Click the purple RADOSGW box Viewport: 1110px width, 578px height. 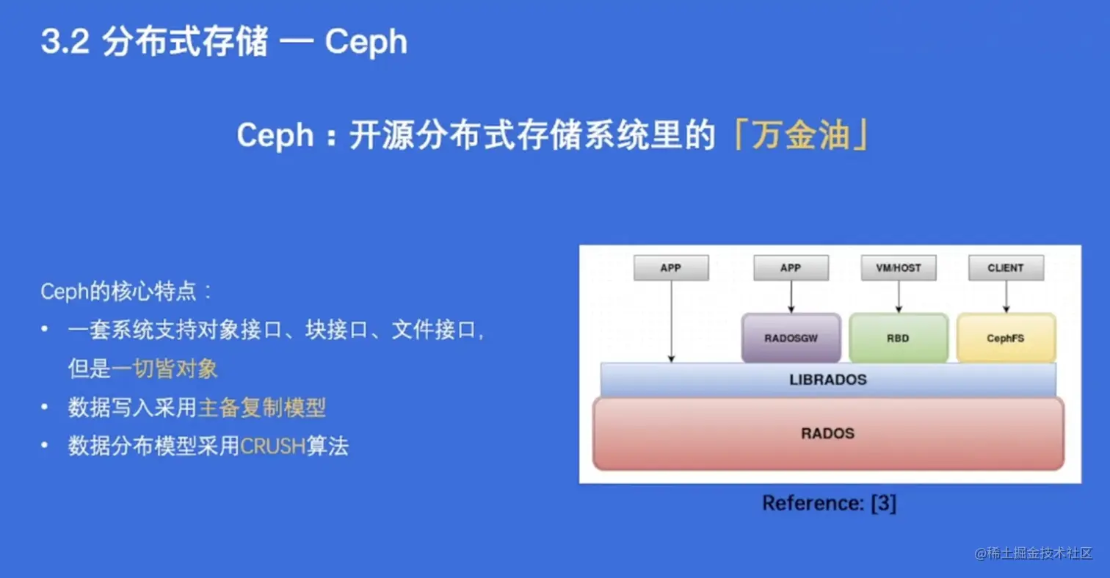point(791,338)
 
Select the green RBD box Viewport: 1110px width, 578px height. point(898,338)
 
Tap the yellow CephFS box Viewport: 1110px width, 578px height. point(1006,338)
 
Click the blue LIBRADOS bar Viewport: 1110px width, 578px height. point(827,380)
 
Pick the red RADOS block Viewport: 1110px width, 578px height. point(827,433)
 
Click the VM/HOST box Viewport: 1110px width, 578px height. point(898,268)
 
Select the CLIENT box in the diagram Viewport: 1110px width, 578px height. point(1006,268)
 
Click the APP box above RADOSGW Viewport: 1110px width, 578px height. point(791,268)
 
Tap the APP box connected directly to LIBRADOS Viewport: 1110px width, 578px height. point(671,268)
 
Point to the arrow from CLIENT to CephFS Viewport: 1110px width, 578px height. point(1006,297)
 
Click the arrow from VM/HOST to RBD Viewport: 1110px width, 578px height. point(898,297)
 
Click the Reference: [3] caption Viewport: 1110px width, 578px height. point(829,504)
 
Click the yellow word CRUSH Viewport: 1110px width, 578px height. point(272,447)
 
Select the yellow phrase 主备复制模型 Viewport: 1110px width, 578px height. point(262,408)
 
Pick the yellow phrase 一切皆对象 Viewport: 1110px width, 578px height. point(165,369)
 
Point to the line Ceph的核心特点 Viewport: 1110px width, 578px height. point(126,292)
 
